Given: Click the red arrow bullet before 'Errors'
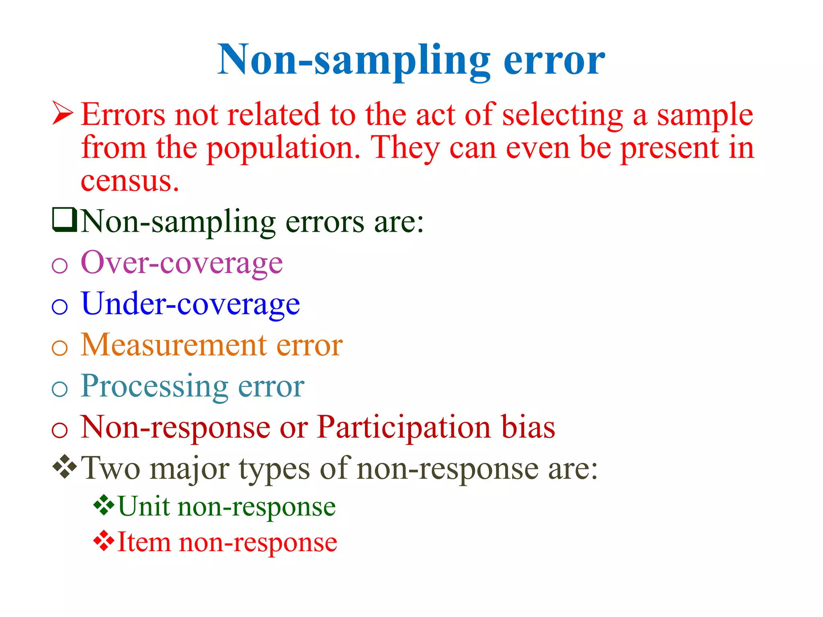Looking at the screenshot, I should (x=63, y=113).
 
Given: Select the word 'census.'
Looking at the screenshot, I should (x=129, y=182).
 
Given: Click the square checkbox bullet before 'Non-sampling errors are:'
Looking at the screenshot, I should (x=64, y=220).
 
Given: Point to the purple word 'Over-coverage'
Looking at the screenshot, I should (x=182, y=263).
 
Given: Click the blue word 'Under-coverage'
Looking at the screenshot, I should (x=190, y=304).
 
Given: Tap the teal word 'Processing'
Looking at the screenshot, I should (x=155, y=386).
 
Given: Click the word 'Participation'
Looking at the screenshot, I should (x=403, y=427).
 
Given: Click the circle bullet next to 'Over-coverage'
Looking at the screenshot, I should (x=60, y=266).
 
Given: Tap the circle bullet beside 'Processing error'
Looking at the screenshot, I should (x=60, y=389).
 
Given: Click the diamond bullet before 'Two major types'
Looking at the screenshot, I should (x=64, y=467).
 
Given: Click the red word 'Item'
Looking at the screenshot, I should (x=143, y=542).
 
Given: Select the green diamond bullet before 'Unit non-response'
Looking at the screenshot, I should (x=104, y=505).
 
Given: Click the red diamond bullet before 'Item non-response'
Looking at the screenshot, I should (x=104, y=541).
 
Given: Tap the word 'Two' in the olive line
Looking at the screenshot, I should (x=111, y=468).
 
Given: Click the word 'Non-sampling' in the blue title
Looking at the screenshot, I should (x=354, y=60).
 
